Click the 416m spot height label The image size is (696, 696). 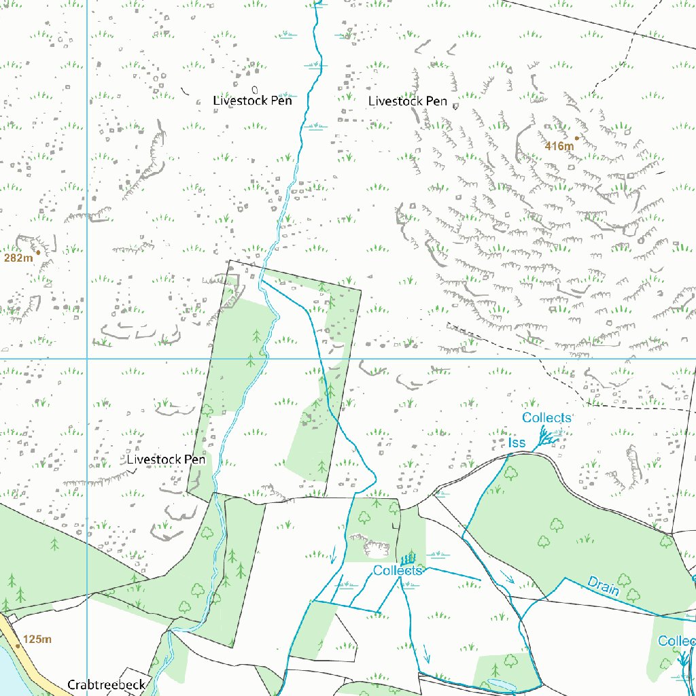[559, 146]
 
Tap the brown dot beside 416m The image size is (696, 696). [576, 138]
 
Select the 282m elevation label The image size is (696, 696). [18, 258]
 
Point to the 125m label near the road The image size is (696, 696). [37, 640]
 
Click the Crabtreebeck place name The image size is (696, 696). [106, 684]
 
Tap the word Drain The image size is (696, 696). [604, 586]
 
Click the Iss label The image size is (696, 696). [517, 443]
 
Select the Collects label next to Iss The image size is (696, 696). [546, 417]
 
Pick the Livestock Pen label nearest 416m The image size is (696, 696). [408, 101]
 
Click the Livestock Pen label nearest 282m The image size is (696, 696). [252, 101]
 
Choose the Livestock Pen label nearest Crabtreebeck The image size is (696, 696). [166, 459]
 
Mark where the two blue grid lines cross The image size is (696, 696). [88, 358]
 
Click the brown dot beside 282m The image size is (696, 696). [38, 252]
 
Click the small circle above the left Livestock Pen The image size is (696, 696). [255, 89]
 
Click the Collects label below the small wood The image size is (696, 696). [398, 571]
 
